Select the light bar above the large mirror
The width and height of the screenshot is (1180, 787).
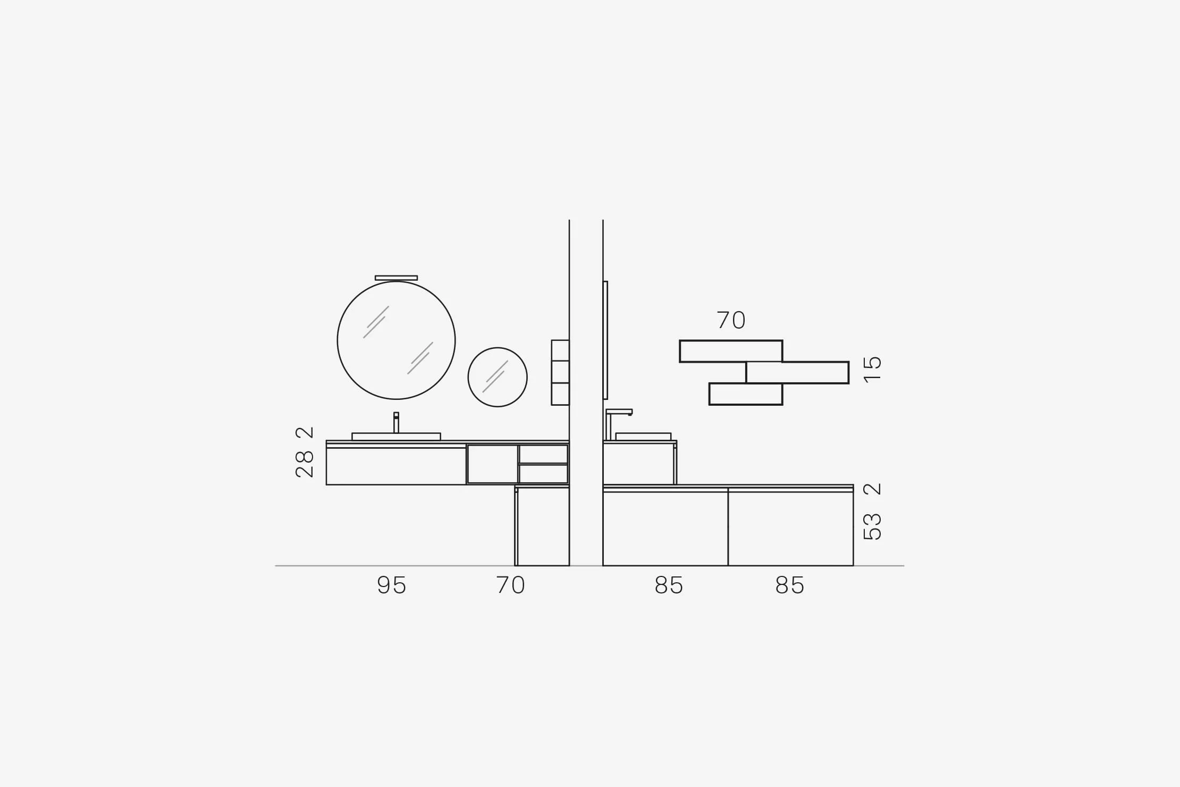[x=396, y=278]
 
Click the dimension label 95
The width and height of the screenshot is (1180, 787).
[x=392, y=585]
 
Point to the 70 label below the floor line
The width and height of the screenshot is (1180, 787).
[x=511, y=585]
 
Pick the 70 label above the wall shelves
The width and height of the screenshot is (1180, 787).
[x=731, y=320]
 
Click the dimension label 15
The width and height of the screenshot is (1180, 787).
[x=872, y=370]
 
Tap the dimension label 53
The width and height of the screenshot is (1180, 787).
[x=872, y=527]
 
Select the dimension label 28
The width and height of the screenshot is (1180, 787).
[x=305, y=464]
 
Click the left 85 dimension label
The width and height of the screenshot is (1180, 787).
[x=669, y=585]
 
